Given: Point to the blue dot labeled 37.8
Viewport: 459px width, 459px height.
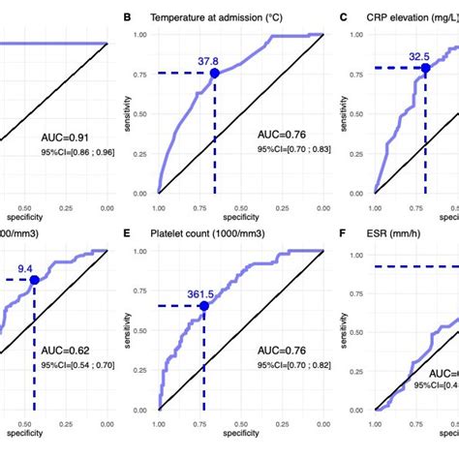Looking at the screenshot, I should (x=214, y=73).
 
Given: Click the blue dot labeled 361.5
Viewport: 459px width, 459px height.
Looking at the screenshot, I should (x=203, y=305).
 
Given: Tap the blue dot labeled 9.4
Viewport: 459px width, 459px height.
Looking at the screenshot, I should (x=34, y=280).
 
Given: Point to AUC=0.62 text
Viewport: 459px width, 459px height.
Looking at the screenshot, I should (x=67, y=353).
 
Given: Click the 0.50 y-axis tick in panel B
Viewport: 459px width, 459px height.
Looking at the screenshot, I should (x=142, y=113).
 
